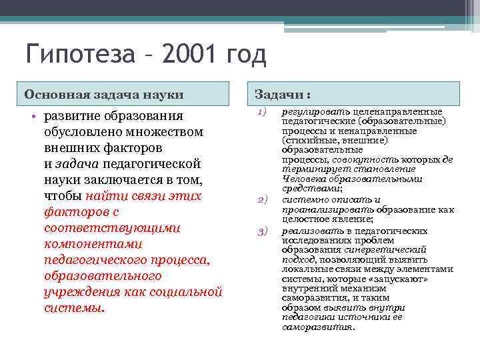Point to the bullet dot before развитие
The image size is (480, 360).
pyautogui.click(x=33, y=116)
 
